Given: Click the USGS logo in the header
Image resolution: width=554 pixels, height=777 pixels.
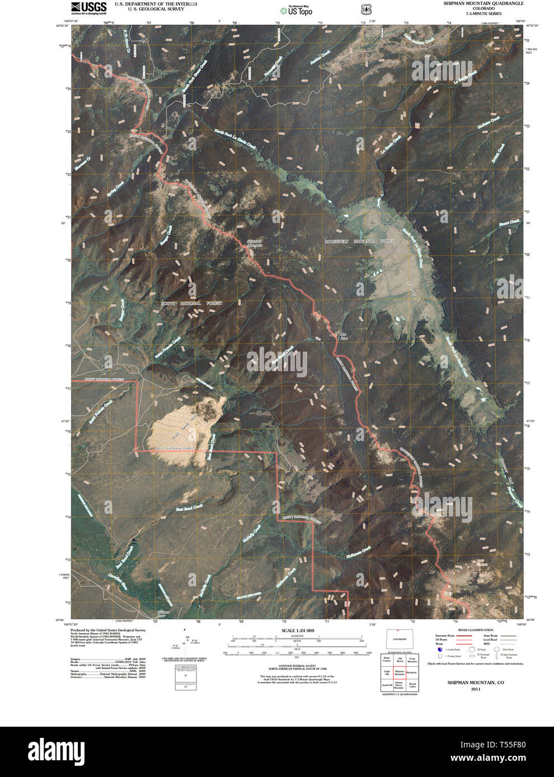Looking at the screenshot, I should click(x=88, y=7).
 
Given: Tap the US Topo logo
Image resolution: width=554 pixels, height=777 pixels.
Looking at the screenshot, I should click(x=297, y=10).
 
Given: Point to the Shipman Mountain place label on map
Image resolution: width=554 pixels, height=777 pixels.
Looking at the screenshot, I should click(x=255, y=244).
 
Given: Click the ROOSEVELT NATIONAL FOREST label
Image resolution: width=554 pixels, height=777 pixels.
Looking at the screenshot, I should click(x=360, y=241).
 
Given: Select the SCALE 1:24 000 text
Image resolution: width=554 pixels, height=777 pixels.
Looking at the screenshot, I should click(x=298, y=631).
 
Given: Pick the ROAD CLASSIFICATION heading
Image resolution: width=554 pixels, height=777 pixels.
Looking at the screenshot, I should click(x=476, y=630).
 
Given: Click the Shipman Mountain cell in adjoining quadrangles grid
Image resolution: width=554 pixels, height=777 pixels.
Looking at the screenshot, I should click(x=400, y=673).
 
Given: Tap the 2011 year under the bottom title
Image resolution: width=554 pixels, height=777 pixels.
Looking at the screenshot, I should click(x=475, y=689).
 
